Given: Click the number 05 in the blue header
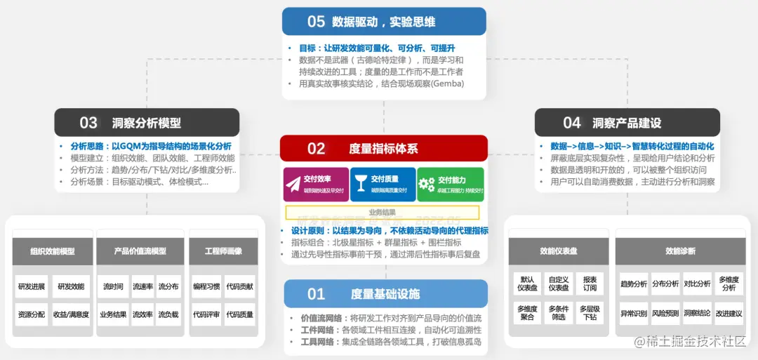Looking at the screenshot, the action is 316,22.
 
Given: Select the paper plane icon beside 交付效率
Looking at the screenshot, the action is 293,184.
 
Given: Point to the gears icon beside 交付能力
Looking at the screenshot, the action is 427,184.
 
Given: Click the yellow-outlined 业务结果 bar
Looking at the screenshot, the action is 383,212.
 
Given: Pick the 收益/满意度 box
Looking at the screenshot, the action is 71,315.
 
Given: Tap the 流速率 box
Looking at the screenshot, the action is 143,286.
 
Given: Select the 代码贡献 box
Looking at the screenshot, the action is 239,286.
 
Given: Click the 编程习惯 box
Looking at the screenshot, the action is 206,286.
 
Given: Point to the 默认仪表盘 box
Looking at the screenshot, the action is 527,284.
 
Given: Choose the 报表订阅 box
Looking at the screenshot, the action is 590,284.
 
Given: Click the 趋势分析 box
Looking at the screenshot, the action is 634,284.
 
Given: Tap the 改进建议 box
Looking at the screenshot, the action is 729,313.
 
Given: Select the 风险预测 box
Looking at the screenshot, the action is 665,313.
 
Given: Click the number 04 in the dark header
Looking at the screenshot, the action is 572,123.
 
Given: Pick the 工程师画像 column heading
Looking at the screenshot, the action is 223,251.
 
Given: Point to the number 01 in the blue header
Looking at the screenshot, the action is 317,294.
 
